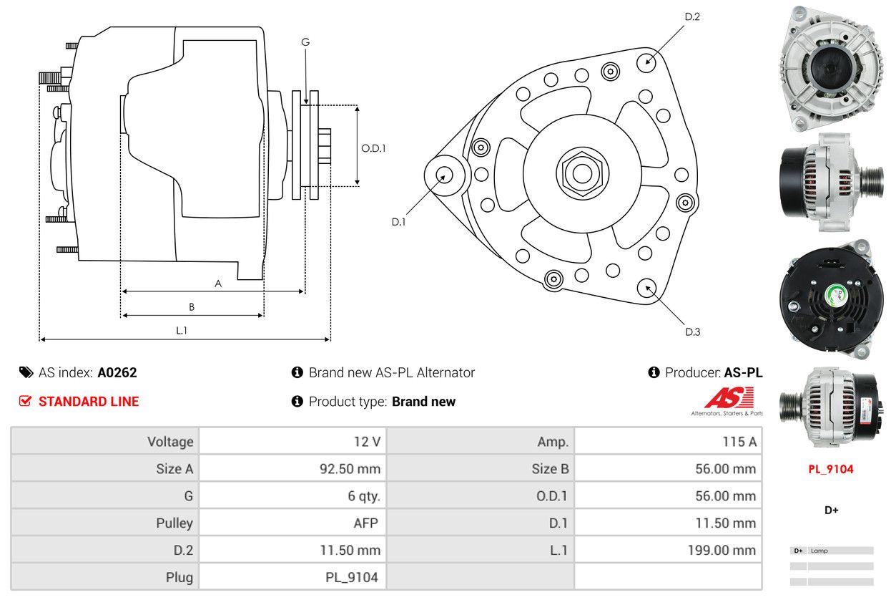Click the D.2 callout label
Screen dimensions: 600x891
tap(691, 16)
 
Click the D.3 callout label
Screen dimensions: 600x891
tap(692, 332)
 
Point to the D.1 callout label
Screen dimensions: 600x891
tap(398, 222)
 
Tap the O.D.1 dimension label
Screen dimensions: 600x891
tap(373, 148)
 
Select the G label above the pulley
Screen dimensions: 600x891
tap(305, 42)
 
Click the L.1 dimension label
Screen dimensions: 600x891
tap(182, 330)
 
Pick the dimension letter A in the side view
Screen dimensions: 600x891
tap(218, 284)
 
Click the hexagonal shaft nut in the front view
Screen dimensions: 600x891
tap(582, 173)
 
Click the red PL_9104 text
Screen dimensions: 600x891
tap(831, 470)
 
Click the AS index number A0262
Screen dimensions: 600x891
tap(117, 372)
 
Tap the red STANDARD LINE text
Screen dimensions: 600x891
tap(88, 402)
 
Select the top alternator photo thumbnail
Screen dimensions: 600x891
tap(831, 67)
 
